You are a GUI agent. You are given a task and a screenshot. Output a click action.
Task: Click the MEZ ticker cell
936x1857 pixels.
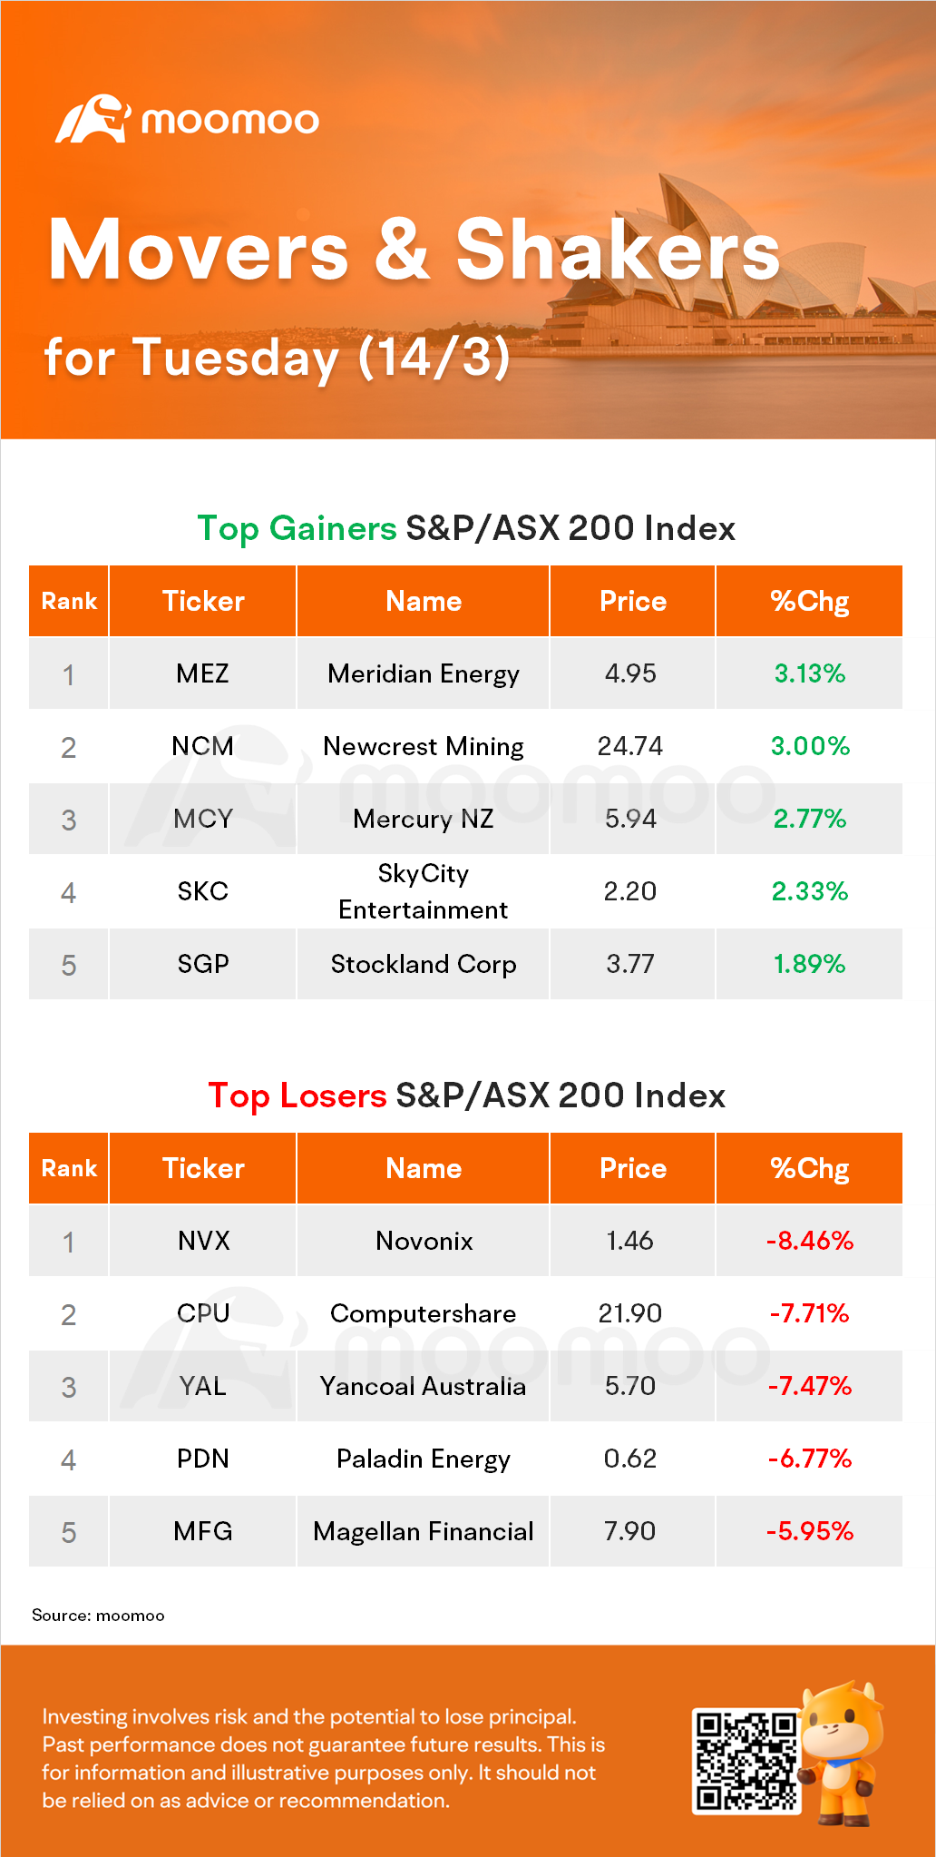(202, 673)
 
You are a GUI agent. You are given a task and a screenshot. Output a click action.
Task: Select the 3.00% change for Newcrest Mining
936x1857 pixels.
(810, 746)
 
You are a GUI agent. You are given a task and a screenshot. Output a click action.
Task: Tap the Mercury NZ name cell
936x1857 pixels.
(424, 819)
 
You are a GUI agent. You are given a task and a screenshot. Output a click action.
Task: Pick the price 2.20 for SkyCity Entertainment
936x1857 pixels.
(630, 891)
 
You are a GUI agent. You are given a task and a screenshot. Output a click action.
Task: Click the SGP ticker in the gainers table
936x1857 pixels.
(202, 964)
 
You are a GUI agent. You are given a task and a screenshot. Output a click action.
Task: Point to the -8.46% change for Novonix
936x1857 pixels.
(810, 1241)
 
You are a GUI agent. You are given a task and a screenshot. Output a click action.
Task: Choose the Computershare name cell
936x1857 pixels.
(424, 1313)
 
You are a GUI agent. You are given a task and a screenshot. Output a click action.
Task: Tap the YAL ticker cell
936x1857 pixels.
(202, 1386)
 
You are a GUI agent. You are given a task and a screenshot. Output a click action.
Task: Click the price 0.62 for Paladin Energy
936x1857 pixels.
(630, 1459)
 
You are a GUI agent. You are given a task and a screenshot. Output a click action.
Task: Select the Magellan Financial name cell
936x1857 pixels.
(424, 1531)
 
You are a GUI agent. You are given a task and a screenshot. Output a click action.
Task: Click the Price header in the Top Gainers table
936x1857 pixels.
(633, 601)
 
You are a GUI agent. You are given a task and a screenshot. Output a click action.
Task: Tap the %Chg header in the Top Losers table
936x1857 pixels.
(810, 1168)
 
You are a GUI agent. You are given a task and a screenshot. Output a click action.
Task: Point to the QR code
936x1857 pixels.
(746, 1761)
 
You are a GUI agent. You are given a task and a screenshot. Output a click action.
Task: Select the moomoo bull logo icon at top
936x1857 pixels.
(93, 119)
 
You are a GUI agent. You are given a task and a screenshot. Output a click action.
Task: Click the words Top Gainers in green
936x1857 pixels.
(297, 528)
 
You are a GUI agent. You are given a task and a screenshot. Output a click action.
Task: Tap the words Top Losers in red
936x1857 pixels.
(297, 1096)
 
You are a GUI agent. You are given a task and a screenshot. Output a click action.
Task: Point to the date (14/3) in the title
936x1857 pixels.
(434, 357)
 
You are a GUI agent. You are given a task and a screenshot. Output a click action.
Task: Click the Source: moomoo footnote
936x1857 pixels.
(98, 1616)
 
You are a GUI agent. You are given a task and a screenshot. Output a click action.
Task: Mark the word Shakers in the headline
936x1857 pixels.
(618, 251)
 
